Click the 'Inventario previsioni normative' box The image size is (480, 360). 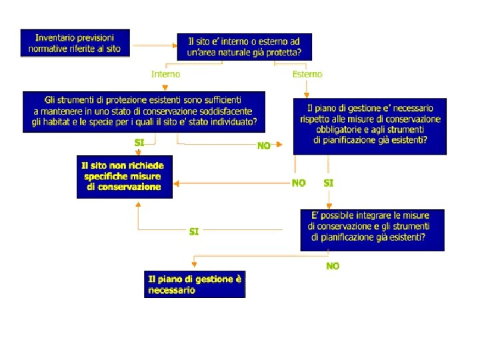75,42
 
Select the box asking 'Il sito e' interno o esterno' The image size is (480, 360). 244,47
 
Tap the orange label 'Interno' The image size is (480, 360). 165,74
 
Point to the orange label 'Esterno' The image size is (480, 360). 307,74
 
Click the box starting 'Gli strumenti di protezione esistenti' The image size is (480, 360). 143,111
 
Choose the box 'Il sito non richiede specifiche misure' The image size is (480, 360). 125,177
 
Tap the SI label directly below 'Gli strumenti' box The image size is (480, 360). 139,143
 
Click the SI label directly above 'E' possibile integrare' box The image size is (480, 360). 329,182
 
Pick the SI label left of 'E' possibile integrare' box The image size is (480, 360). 194,231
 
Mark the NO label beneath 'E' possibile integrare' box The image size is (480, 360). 332,265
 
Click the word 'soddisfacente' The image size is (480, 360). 219,111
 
